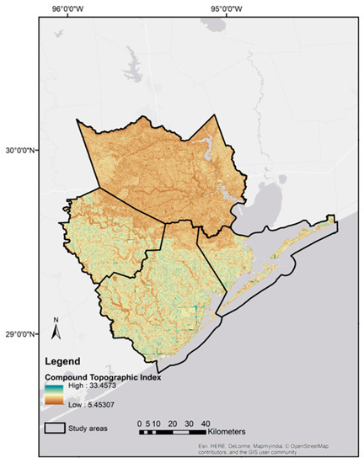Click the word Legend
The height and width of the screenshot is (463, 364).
62,361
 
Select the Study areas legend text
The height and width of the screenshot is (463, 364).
97,428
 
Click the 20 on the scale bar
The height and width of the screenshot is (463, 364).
171,423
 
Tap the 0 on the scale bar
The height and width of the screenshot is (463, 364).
140,423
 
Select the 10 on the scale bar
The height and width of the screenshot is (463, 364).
155,423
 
